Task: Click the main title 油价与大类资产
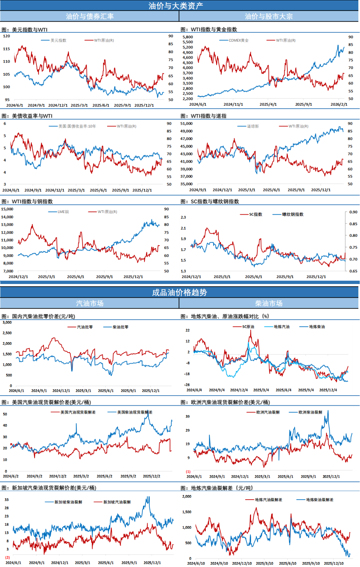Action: [176, 6]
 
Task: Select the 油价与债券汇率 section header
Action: [90, 16]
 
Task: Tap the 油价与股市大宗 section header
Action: [269, 16]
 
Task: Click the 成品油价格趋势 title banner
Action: [179, 292]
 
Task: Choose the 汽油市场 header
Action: [90, 303]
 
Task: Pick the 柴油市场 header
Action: [269, 303]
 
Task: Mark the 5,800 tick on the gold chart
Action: [188, 37]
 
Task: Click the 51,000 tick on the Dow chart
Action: [186, 123]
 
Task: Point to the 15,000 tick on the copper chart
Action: [7, 209]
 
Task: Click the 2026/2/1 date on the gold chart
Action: [339, 104]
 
